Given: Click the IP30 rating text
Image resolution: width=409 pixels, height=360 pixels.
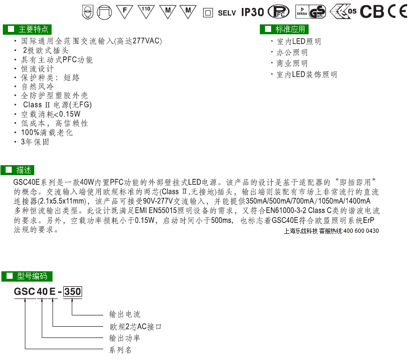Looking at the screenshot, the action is pos(252,12).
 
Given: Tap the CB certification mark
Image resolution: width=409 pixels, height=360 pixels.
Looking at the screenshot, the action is pos(372,12).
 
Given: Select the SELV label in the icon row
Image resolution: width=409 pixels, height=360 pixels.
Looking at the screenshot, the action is pos(227,13).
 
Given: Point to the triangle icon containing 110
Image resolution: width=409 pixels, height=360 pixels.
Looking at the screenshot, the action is pos(146,12).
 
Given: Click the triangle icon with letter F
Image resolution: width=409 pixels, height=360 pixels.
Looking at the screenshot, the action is pos(124,12).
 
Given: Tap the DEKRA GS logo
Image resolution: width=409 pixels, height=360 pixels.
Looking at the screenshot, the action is pos(311,12).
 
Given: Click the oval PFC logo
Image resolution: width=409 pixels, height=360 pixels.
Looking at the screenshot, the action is pos(279,12).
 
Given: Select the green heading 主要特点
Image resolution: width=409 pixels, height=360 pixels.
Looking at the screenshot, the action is pos(27,29).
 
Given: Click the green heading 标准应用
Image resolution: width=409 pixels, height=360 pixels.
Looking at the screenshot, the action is pos(284,29).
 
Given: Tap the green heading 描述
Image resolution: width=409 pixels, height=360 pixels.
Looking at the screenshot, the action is pos(17,170).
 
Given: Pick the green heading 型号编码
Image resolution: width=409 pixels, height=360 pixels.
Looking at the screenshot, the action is pos(27,276).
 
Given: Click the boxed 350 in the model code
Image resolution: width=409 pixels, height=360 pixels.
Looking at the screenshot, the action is pos(73,291).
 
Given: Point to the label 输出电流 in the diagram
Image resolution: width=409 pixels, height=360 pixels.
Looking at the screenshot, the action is pos(125,314).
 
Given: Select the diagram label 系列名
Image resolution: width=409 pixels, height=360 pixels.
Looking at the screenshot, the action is pos(120,350).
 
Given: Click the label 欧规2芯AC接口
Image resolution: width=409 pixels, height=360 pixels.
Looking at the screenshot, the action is pos(136,327).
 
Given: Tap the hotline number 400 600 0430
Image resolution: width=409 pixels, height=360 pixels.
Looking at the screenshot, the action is pos(361,231).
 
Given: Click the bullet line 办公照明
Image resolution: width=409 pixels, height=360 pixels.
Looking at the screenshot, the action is pos(292,53).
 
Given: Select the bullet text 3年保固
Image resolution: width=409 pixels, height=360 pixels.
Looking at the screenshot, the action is pos(35,142).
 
